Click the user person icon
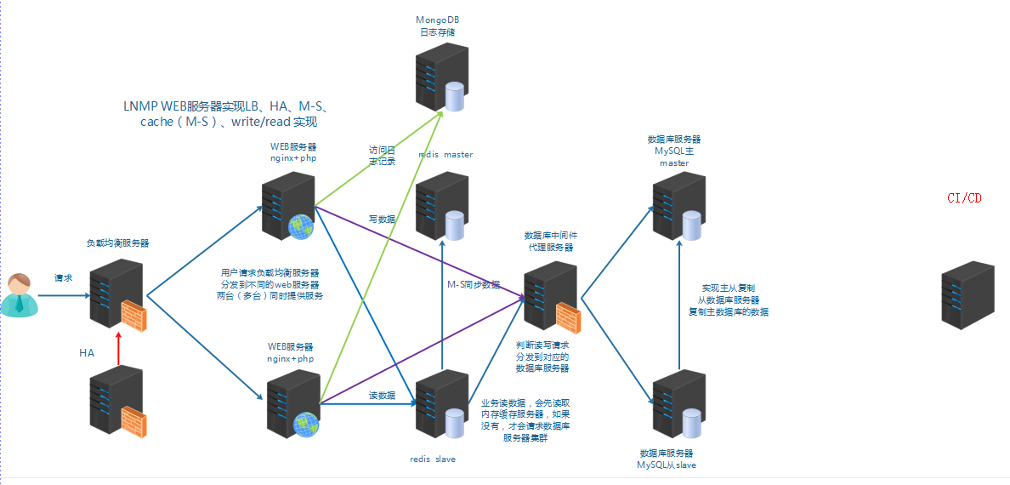coord(19,295)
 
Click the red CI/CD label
coord(964,197)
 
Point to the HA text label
coord(87,352)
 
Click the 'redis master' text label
coord(445,155)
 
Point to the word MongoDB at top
coord(438,19)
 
